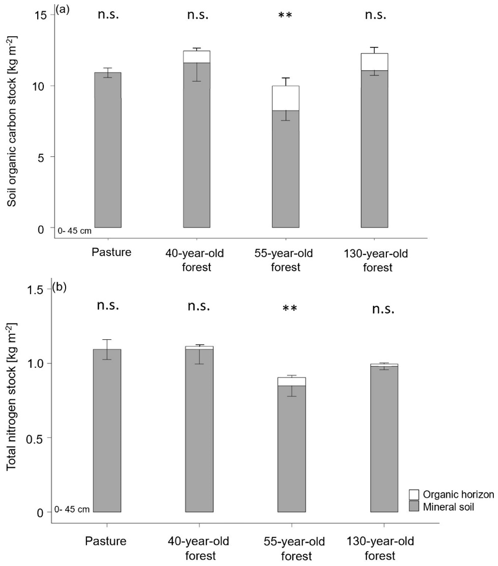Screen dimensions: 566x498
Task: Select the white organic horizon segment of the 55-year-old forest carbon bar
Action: [285, 98]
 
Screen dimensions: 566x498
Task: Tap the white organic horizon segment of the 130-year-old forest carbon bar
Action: [374, 62]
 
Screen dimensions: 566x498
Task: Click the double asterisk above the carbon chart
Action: [285, 16]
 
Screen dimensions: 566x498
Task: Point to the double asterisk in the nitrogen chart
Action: [290, 309]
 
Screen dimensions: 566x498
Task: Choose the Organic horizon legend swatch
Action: [414, 495]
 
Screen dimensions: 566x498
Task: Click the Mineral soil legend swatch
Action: [414, 506]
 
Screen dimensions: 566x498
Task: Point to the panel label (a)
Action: [62, 9]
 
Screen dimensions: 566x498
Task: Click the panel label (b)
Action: [61, 287]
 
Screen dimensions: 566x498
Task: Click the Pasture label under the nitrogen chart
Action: [106, 542]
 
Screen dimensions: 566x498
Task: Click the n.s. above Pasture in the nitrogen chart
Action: [108, 306]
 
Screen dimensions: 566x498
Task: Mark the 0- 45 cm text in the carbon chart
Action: [74, 230]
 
